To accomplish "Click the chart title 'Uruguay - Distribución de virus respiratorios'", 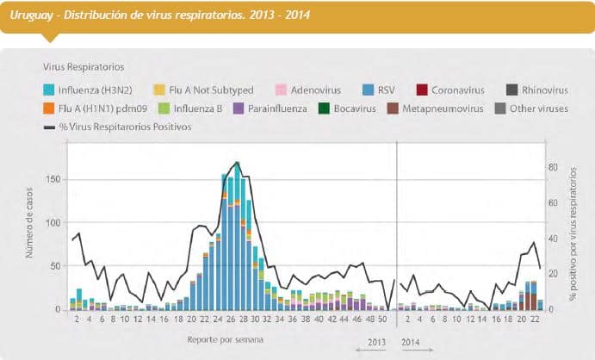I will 160,16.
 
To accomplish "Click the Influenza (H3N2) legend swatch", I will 49,90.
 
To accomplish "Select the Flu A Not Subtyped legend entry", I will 159,90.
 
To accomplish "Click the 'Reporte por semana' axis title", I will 226,338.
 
